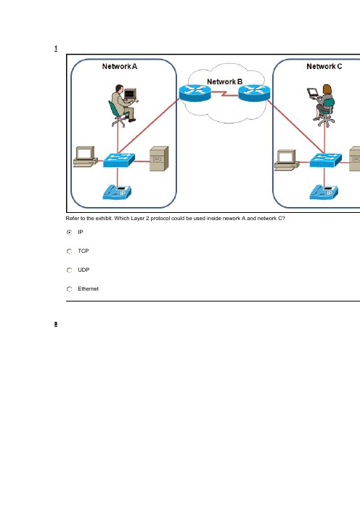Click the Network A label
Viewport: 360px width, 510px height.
(x=120, y=66)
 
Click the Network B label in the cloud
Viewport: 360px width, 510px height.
(x=224, y=81)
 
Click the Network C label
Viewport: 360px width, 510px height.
(x=324, y=66)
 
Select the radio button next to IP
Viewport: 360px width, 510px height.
(x=69, y=232)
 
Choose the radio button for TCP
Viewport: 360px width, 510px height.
(x=69, y=251)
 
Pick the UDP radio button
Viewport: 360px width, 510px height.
(x=69, y=270)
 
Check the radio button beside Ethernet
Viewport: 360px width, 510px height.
(x=69, y=289)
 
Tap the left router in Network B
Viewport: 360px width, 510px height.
(x=195, y=93)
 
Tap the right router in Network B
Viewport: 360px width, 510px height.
(x=254, y=93)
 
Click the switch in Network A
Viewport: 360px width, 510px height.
(x=118, y=160)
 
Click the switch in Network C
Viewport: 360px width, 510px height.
(x=326, y=160)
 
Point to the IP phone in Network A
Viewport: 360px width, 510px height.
(x=117, y=192)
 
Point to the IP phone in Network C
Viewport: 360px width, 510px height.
(x=324, y=192)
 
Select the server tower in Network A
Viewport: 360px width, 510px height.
(x=159, y=158)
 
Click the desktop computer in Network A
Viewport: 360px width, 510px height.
(x=86, y=157)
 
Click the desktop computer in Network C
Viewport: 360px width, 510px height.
(x=287, y=160)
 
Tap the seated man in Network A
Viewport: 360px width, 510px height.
(x=123, y=106)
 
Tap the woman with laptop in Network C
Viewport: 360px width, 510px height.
(x=322, y=106)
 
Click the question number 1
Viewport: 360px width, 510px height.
(x=56, y=49)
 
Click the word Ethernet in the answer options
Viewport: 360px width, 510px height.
(x=88, y=289)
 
